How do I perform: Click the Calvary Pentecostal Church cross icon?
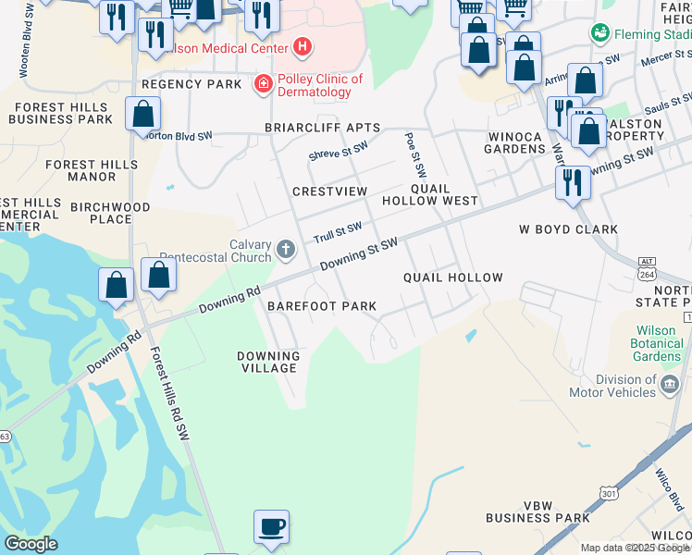tap(286, 249)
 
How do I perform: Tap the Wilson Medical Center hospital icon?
tap(302, 45)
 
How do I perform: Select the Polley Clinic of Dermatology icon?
tap(264, 85)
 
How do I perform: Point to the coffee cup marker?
tap(271, 526)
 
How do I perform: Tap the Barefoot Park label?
tap(322, 306)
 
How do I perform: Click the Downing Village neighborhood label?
tap(268, 362)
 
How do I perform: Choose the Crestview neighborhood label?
tap(329, 191)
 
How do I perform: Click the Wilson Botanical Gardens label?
tap(660, 343)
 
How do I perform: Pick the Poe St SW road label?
tap(414, 154)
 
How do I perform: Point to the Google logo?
tap(31, 544)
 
